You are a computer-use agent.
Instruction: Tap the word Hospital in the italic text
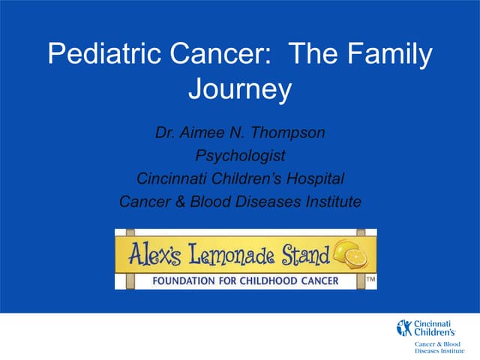[314, 179]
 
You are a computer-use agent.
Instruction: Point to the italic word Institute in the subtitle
[331, 201]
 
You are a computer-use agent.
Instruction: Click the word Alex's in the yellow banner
[155, 257]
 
